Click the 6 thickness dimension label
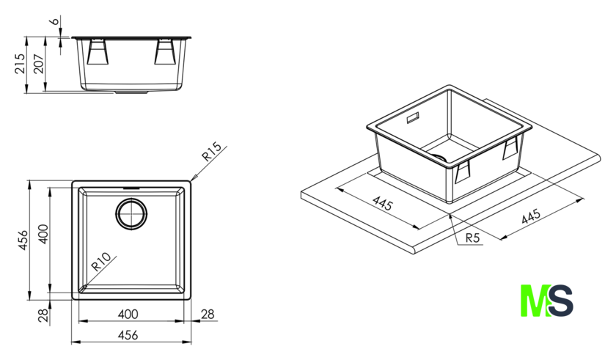[56, 20]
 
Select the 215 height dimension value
[20, 63]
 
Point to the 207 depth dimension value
[38, 64]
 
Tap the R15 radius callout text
[212, 152]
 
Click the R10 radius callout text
[101, 262]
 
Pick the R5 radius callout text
[473, 238]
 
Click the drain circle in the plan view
[131, 214]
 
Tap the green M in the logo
[535, 301]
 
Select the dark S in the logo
[561, 301]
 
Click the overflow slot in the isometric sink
[412, 117]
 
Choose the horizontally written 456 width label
[128, 335]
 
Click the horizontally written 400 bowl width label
[128, 314]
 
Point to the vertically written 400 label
[43, 234]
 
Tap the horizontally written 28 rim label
[208, 314]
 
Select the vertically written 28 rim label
[44, 315]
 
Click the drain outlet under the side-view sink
[131, 93]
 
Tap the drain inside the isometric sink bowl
[441, 157]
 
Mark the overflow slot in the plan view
[131, 188]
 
